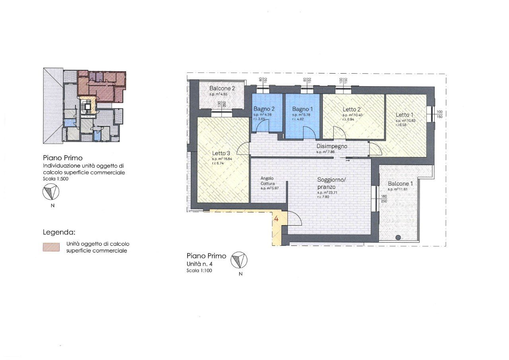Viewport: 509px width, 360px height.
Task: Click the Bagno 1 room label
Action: pyautogui.click(x=303, y=109)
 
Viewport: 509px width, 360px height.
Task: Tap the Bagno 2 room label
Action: pyautogui.click(x=264, y=109)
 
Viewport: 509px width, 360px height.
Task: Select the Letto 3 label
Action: pyautogui.click(x=221, y=153)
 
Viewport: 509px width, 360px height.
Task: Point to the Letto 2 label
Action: pyautogui.click(x=352, y=109)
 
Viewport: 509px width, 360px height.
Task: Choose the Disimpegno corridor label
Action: pyautogui.click(x=332, y=146)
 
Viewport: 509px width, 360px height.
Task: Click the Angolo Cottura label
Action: pyautogui.click(x=268, y=181)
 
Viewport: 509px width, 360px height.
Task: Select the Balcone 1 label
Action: pyautogui.click(x=400, y=184)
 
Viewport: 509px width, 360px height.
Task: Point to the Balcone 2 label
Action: pyautogui.click(x=222, y=88)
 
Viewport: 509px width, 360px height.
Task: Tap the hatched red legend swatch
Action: pyautogui.click(x=51, y=247)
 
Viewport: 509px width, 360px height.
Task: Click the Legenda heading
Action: pyautogui.click(x=59, y=232)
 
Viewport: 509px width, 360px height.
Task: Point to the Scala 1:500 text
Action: pyautogui.click(x=54, y=179)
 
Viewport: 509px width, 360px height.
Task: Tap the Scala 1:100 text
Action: pyautogui.click(x=199, y=270)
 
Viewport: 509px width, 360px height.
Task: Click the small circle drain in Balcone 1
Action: pyautogui.click(x=398, y=237)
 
